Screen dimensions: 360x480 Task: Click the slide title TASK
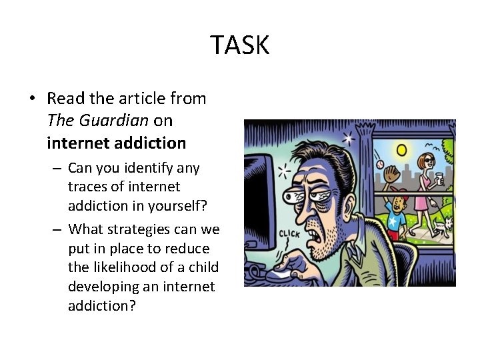[x=240, y=45]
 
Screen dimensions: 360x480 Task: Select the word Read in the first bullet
[x=65, y=99]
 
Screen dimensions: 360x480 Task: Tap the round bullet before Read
[x=32, y=99]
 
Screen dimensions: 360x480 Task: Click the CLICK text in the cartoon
[x=289, y=234]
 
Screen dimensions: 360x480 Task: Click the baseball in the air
[x=379, y=163]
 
